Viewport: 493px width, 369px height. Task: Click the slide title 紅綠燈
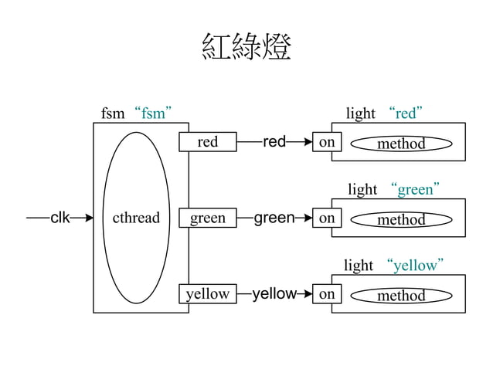tap(246, 48)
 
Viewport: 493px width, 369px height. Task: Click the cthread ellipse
tap(136, 218)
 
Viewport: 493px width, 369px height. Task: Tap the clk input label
tap(60, 218)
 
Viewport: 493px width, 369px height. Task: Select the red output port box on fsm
tap(207, 142)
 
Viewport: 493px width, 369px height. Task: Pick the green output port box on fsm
tap(207, 218)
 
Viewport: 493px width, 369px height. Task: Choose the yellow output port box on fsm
tap(207, 294)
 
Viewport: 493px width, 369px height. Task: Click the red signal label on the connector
tap(274, 142)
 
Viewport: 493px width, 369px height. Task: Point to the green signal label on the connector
tap(274, 218)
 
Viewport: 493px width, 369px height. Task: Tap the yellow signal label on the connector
tap(274, 294)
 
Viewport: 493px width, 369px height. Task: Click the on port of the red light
tap(327, 142)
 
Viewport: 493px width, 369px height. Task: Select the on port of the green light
tap(327, 218)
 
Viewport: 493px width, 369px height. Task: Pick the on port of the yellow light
tap(327, 294)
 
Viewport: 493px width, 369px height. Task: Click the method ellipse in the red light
tap(400, 144)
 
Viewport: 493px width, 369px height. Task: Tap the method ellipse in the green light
tap(400, 220)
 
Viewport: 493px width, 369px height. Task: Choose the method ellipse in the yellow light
tap(400, 296)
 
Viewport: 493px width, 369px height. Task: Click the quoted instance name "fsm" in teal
tap(152, 113)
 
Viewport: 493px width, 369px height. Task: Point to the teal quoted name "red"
tap(406, 113)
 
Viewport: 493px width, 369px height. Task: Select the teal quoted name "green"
tap(415, 189)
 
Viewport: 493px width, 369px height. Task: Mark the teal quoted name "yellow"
tap(415, 266)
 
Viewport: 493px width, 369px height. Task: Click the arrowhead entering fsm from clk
tap(87, 218)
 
